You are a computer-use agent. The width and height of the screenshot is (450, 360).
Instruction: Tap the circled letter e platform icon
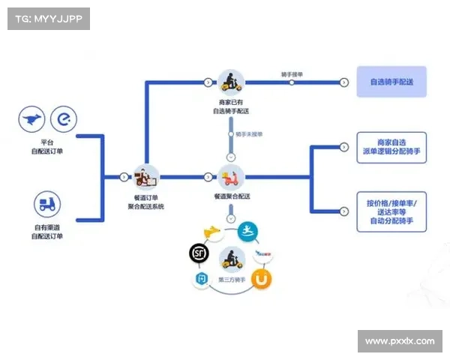pos(63,120)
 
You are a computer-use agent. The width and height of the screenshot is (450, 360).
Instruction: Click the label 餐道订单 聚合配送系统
pos(145,201)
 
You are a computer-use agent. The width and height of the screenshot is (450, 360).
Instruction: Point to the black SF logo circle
pos(199,253)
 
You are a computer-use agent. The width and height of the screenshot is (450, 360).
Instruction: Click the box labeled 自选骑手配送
pos(391,82)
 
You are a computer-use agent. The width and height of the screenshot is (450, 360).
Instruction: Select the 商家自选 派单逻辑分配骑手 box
pos(391,147)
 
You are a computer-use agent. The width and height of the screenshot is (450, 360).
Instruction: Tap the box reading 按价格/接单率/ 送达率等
pos(391,210)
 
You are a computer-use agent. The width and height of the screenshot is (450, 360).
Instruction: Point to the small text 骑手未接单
pos(249,134)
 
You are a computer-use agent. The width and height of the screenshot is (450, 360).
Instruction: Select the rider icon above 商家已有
pos(230,82)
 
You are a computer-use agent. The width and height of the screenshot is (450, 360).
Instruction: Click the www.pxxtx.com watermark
pos(400,341)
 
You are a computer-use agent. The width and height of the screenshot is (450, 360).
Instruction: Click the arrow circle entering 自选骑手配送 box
pos(342,81)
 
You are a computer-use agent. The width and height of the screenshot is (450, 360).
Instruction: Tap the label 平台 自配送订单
pos(47,146)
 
